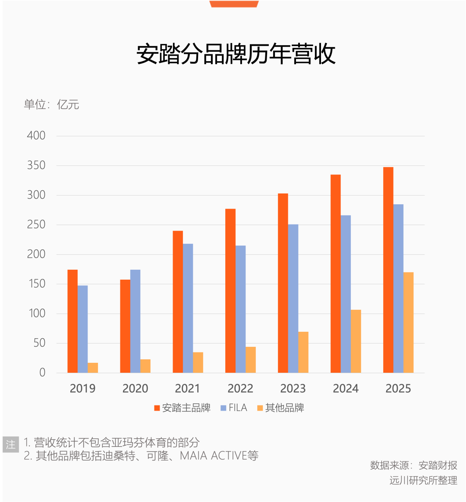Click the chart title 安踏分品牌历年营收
[236, 54]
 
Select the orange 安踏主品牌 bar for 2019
[72, 321]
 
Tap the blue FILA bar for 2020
[135, 321]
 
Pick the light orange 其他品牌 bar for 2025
[408, 322]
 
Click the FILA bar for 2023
[293, 298]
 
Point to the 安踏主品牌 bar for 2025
[388, 270]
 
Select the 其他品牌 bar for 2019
[93, 368]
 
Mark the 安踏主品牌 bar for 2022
[230, 291]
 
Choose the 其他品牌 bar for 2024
[356, 341]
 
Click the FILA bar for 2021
[188, 308]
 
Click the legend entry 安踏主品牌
[182, 408]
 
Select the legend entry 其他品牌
[280, 408]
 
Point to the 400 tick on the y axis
[36, 136]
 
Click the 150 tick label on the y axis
[36, 284]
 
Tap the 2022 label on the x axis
[240, 389]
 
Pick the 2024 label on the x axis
[346, 389]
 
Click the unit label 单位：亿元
[51, 104]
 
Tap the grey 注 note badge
[11, 444]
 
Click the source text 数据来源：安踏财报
[413, 465]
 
